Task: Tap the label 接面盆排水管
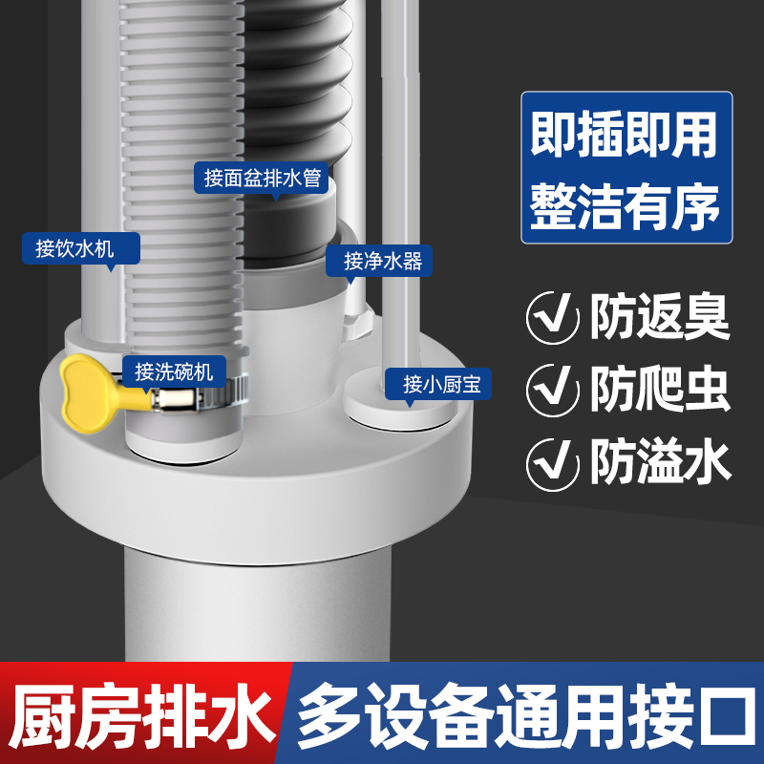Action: click(262, 178)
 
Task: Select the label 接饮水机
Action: click(80, 250)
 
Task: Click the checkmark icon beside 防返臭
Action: click(553, 316)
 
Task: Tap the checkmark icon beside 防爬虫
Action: click(553, 389)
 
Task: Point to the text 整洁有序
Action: click(626, 206)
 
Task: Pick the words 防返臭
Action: click(659, 316)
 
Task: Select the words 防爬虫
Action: click(659, 389)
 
